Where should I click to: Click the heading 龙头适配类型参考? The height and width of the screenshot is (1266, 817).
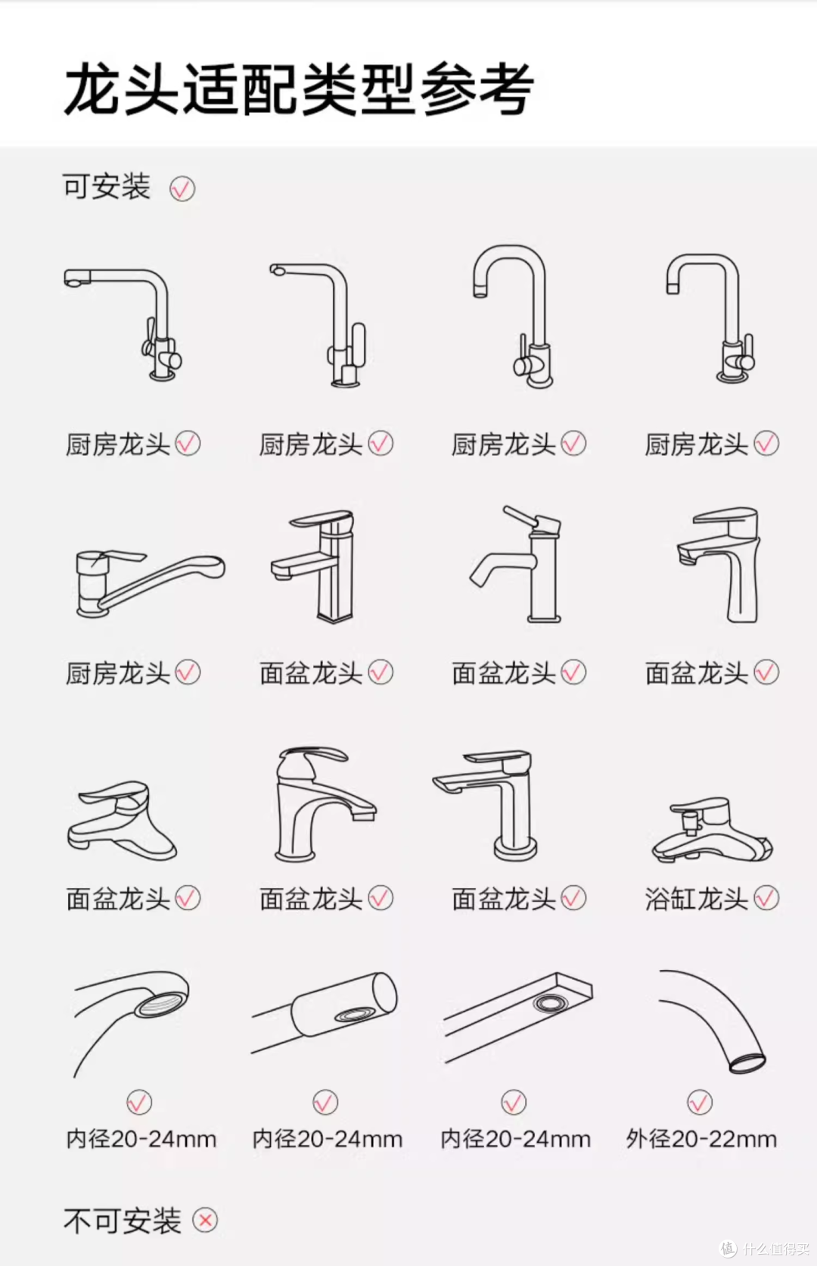pos(299,89)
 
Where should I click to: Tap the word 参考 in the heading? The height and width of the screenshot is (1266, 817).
pos(477,89)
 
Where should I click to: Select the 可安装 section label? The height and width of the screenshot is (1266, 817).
pos(107,186)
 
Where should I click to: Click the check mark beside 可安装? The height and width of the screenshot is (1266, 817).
pos(182,189)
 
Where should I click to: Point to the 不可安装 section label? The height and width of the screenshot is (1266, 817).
pos(122,1221)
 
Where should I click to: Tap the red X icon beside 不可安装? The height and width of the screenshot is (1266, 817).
pos(205,1220)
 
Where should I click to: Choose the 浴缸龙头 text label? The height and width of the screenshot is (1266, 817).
pos(697,899)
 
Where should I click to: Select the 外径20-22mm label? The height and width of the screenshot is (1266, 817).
pos(701,1139)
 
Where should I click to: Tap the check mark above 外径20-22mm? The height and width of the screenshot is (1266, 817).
pos(701,1102)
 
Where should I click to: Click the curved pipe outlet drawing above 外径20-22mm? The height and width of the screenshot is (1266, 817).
pos(713,1022)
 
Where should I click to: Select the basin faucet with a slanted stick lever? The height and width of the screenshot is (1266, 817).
pos(515,564)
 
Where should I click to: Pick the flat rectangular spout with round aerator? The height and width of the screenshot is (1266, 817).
pos(518,1017)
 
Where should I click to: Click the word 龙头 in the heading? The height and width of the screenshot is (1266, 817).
pos(121,89)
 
